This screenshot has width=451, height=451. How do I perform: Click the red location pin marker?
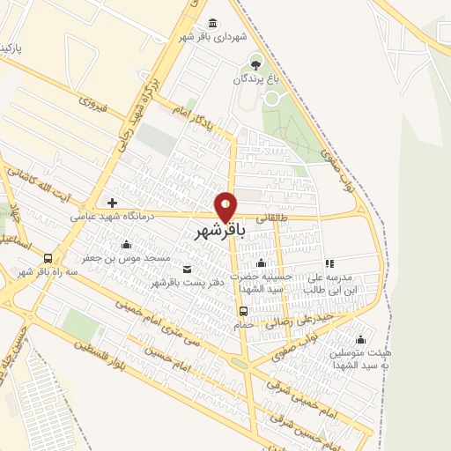tap(226, 207)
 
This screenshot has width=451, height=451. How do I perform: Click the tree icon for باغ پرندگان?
tap(255, 63)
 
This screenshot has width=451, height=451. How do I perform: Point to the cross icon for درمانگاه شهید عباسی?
tap(112, 203)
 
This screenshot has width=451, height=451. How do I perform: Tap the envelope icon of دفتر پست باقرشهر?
tap(187, 270)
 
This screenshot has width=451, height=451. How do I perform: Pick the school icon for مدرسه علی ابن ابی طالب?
tap(329, 263)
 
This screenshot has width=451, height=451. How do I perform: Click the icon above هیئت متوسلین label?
tap(360, 340)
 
